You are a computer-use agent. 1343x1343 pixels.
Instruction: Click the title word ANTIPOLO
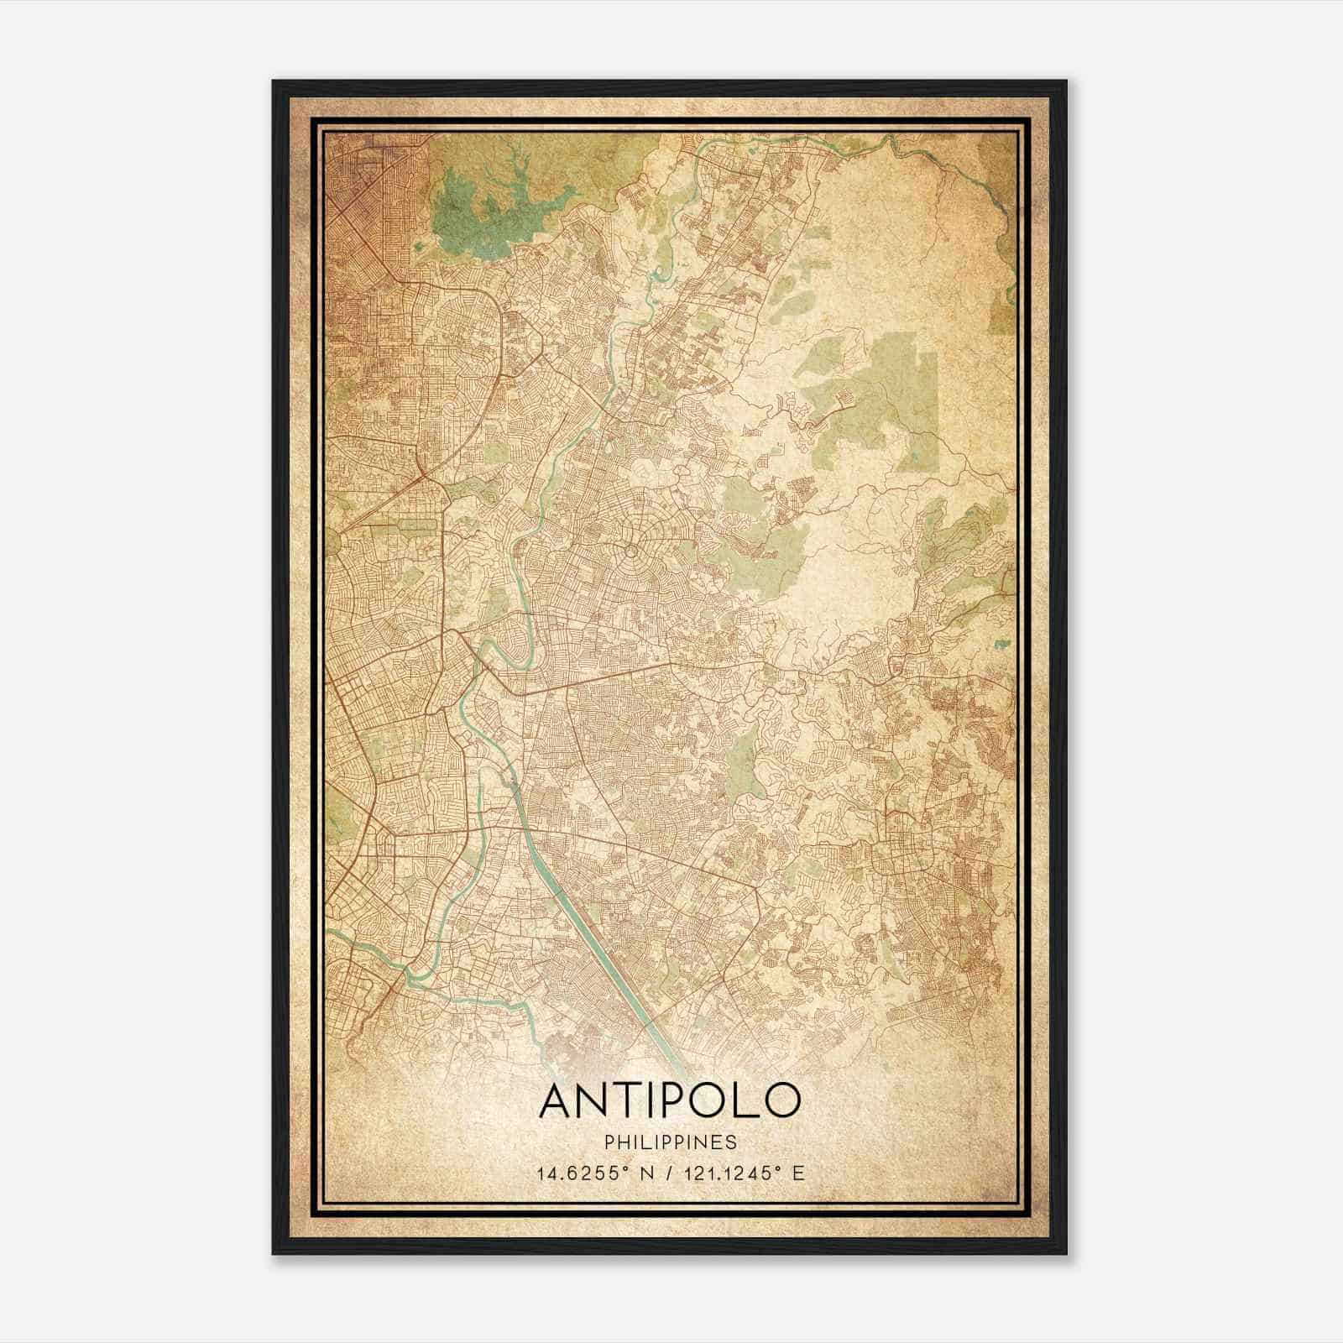click(669, 1100)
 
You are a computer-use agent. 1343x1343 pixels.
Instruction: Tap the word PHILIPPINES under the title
click(669, 1142)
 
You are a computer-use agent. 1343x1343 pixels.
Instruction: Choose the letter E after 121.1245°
click(798, 1173)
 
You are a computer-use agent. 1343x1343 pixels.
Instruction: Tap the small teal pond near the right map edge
click(1001, 645)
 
